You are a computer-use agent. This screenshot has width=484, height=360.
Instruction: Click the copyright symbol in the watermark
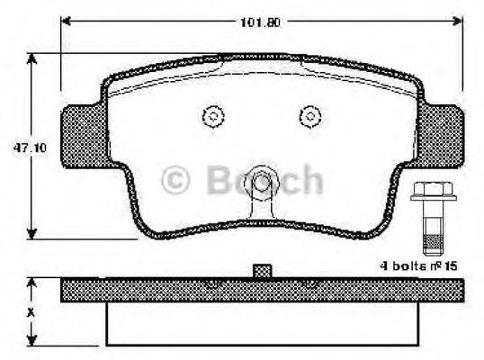pyautogui.click(x=177, y=180)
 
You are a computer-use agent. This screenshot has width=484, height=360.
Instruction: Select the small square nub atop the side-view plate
pyautogui.click(x=262, y=270)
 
